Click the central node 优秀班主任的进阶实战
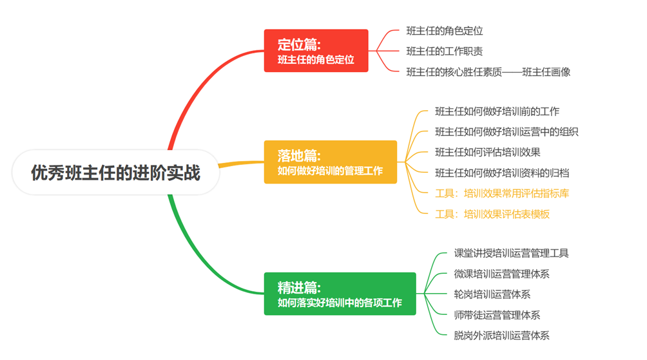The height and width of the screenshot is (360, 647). [x=116, y=173]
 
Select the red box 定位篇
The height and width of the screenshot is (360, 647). [x=316, y=51]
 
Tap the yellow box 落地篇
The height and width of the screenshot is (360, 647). [x=330, y=162]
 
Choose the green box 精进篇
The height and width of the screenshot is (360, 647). [x=340, y=294]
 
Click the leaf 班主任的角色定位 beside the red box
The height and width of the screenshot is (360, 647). [x=445, y=31]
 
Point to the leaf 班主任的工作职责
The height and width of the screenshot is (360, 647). [x=445, y=52]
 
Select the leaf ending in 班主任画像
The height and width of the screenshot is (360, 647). [x=488, y=72]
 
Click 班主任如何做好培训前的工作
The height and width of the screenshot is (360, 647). [x=497, y=111]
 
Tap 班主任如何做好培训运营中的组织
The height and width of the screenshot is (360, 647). [x=507, y=132]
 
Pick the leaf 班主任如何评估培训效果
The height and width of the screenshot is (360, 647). [x=487, y=153]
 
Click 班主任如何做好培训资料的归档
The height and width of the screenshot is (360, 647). [x=502, y=173]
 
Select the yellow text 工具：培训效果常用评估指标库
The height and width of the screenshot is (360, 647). [x=502, y=193]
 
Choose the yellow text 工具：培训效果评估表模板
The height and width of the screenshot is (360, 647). [x=492, y=214]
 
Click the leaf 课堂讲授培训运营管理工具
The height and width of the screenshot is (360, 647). [x=511, y=253]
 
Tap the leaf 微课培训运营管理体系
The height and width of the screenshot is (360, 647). [x=501, y=274]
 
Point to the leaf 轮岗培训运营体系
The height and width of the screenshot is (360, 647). [x=492, y=294]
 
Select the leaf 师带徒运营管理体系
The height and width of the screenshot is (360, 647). [x=497, y=315]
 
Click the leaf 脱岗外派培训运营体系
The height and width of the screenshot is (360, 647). [x=501, y=336]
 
